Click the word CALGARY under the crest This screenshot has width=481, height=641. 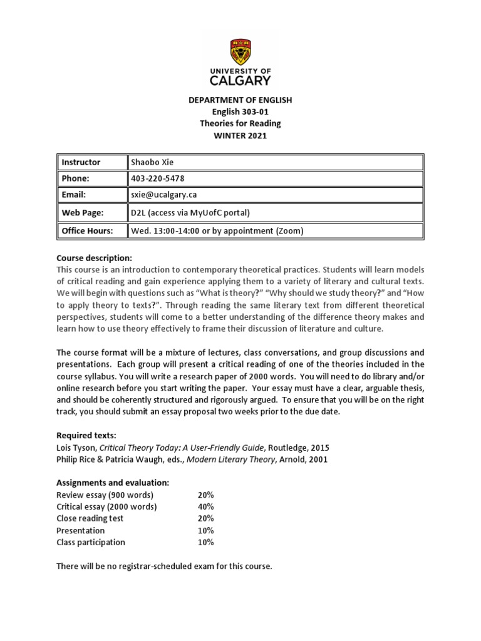(240, 80)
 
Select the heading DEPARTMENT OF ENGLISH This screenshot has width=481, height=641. (240, 100)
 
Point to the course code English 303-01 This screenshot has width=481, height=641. (240, 112)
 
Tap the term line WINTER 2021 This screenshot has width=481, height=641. (240, 136)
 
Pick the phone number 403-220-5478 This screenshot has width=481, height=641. (157, 178)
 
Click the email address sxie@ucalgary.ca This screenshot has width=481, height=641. (163, 195)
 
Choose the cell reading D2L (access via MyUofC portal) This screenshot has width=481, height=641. (190, 213)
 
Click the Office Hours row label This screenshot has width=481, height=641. (87, 231)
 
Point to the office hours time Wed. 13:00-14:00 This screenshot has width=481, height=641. (167, 231)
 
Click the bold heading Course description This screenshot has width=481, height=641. (94, 258)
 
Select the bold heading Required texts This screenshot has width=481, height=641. (86, 435)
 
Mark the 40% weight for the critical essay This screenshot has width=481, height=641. (205, 506)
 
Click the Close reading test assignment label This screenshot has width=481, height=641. (90, 518)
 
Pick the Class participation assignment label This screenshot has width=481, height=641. (91, 542)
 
